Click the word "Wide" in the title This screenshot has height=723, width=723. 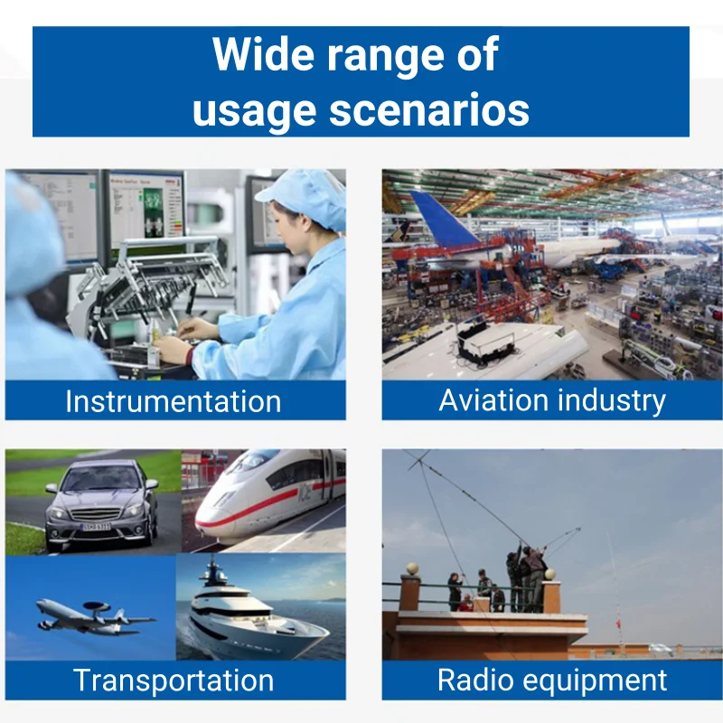click(264, 53)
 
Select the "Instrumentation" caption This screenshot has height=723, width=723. click(173, 401)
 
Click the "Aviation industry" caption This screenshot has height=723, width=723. click(552, 400)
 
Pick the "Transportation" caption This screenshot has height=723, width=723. click(174, 681)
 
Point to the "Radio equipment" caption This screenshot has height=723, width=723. click(552, 681)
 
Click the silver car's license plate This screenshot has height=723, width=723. click(97, 527)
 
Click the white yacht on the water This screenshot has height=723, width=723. click(258, 614)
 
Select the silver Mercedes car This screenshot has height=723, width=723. click(102, 504)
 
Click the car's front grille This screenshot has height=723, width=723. click(96, 514)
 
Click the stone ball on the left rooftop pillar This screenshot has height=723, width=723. click(412, 569)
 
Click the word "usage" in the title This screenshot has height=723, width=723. click(255, 112)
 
